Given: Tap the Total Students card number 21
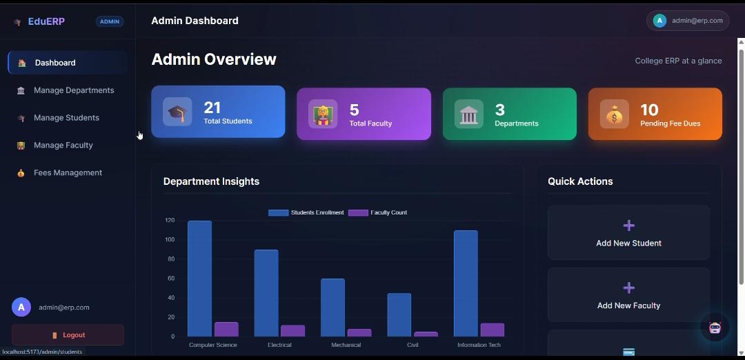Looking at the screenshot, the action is point(212,108).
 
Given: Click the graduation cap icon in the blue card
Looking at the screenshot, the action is point(177,112).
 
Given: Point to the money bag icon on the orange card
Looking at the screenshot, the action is point(615,114).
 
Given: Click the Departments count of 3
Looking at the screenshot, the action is point(500,110).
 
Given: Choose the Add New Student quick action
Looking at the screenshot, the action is point(628,232).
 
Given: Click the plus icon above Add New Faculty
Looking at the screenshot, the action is point(628,288).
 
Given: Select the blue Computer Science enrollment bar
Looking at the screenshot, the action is point(199,279).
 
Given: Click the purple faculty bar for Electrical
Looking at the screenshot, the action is point(292,331).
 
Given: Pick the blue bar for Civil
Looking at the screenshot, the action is point(399,315).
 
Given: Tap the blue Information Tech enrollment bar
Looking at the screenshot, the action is point(466,283).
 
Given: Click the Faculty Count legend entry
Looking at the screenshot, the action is point(378,213).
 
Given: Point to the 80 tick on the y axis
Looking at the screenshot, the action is point(170,259).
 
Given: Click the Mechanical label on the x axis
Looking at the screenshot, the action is point(346,345).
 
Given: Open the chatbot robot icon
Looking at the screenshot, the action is point(715,328).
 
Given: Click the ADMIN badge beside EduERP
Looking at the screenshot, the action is point(110,21).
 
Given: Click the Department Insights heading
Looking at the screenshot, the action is point(212,181).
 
